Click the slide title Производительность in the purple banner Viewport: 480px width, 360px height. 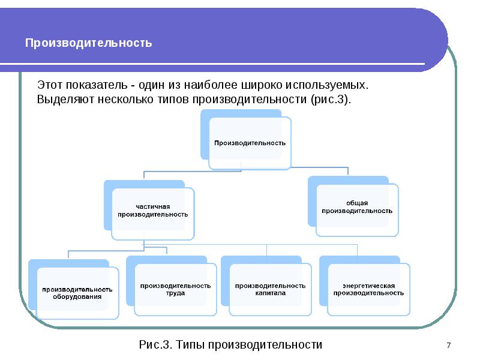[x=88, y=43]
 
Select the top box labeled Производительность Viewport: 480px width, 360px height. [x=250, y=143]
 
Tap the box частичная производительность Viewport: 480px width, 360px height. [x=153, y=214]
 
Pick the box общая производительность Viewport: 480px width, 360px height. [x=357, y=210]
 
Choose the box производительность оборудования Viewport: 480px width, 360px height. [x=77, y=293]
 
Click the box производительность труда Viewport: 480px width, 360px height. [x=175, y=289]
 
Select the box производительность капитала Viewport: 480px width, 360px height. [x=271, y=289]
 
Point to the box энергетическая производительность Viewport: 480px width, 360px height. [x=368, y=289]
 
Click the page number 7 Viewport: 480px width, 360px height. [x=448, y=346]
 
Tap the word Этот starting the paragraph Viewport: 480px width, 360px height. [x=50, y=85]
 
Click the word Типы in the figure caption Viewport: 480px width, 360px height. [x=190, y=344]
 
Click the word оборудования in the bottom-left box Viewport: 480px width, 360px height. [x=77, y=296]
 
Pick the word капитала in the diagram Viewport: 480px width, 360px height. [x=271, y=293]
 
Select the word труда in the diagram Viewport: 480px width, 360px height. [x=175, y=293]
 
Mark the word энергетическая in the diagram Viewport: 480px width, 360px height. [x=368, y=286]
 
